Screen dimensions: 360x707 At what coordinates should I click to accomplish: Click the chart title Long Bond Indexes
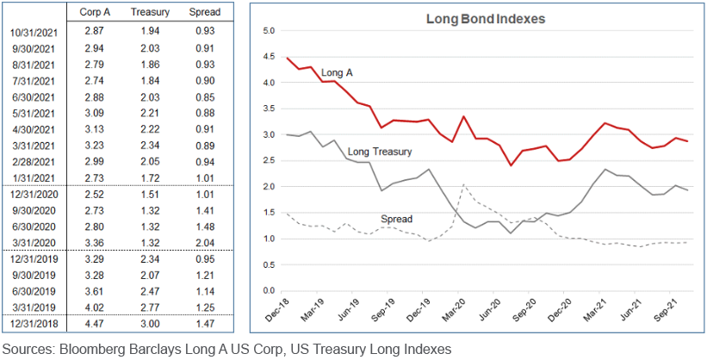pos(474,18)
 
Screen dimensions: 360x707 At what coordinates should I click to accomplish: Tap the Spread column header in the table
pos(205,13)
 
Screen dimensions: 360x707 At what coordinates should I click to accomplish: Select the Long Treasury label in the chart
pos(379,152)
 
